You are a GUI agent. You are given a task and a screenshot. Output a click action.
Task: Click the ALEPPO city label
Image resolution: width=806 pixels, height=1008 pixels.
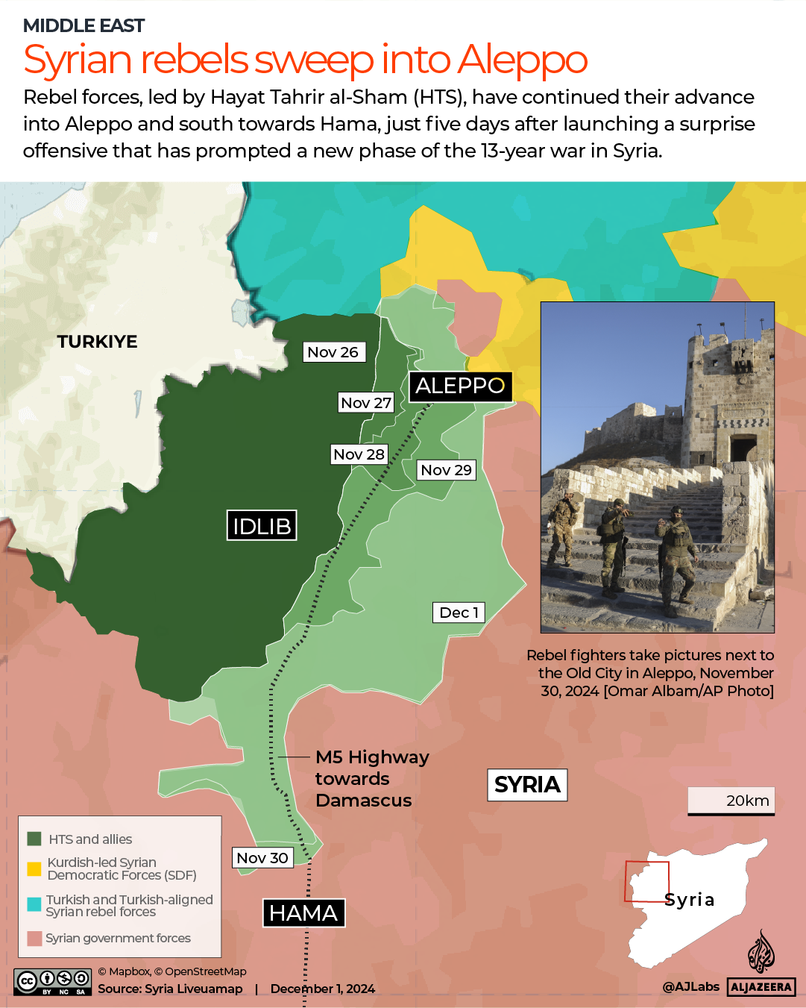(460, 386)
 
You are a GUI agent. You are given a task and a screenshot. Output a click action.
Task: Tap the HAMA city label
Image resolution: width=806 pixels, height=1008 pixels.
(303, 913)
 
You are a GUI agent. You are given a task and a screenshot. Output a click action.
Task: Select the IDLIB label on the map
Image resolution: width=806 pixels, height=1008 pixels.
(262, 526)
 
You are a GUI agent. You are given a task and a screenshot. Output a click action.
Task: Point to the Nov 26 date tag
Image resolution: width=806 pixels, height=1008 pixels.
(333, 352)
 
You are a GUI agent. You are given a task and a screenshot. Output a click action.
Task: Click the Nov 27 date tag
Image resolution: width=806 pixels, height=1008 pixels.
(366, 403)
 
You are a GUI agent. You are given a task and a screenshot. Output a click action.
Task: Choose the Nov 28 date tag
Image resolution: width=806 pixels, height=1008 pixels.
(359, 454)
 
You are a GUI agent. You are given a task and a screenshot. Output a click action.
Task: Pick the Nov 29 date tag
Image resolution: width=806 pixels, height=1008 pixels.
(446, 470)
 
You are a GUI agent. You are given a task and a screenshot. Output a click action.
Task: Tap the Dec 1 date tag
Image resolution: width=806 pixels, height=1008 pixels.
(459, 613)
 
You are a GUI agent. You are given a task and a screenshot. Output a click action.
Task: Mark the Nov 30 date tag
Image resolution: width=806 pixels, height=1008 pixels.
(262, 858)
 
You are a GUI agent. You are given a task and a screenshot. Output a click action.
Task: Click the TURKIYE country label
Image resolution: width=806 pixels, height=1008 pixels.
(98, 342)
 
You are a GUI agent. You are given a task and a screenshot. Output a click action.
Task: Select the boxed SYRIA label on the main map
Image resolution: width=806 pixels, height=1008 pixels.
(527, 785)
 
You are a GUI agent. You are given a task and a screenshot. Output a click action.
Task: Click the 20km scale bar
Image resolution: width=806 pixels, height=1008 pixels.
(731, 802)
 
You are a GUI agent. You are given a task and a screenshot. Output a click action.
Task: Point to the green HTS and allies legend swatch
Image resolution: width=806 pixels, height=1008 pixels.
(34, 839)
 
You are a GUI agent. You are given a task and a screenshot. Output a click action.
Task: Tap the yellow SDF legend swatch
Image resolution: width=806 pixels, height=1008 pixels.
(34, 868)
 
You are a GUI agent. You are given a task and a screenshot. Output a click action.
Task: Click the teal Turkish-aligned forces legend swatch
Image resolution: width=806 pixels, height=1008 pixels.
(34, 904)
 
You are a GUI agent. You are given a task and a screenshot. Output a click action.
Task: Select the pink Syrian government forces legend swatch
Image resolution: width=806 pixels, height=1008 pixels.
(34, 938)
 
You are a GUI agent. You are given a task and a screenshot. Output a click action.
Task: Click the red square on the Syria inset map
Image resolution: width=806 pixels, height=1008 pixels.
(646, 882)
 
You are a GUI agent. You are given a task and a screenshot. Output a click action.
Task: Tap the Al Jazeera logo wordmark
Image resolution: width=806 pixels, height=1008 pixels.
(761, 986)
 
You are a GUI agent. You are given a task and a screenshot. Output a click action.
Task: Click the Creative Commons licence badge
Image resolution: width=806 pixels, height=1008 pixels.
(52, 982)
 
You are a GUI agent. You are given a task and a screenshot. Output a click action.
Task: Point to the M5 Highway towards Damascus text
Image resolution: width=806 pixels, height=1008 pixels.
(371, 779)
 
